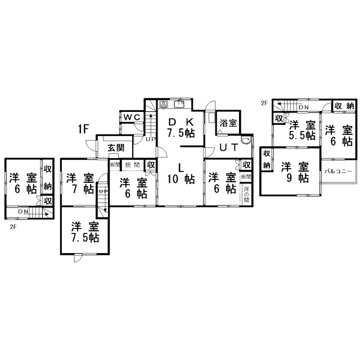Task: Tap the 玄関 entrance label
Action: (x=116, y=148)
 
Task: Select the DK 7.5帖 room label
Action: (x=181, y=128)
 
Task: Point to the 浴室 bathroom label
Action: (x=227, y=123)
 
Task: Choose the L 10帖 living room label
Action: (x=181, y=173)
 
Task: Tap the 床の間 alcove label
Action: (x=246, y=192)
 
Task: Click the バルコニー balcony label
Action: (x=338, y=172)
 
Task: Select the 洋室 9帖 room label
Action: (x=295, y=172)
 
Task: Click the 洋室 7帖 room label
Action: (x=79, y=183)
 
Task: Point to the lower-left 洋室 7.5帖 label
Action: (x=85, y=232)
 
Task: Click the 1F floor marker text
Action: (x=84, y=129)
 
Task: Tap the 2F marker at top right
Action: (x=264, y=103)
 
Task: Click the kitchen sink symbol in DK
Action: (x=180, y=105)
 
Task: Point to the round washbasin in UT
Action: (x=245, y=141)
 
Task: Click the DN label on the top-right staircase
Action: (x=303, y=107)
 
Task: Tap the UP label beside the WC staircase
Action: (x=150, y=139)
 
